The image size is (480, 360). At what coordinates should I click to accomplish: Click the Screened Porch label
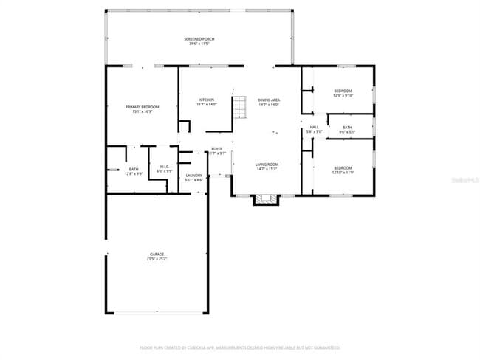(199, 38)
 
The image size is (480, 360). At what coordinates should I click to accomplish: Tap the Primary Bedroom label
(143, 107)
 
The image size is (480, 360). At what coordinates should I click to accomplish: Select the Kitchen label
(207, 100)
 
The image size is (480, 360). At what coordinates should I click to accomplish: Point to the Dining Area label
(268, 100)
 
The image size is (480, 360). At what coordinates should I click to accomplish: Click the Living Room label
(267, 165)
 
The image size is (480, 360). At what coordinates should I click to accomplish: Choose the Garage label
(157, 255)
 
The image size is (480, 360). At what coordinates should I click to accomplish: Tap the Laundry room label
(194, 176)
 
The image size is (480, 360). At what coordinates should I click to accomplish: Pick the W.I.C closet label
(164, 167)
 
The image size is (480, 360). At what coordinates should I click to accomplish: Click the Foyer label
(217, 149)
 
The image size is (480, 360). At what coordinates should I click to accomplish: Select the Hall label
(314, 127)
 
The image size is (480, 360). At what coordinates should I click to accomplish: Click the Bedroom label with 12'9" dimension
(343, 91)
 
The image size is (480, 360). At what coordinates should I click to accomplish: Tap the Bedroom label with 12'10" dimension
(343, 167)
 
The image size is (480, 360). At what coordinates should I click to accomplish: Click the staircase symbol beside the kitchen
(240, 108)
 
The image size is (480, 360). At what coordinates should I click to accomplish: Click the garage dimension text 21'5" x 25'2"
(157, 259)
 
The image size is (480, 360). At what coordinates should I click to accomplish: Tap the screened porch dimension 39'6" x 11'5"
(199, 44)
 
